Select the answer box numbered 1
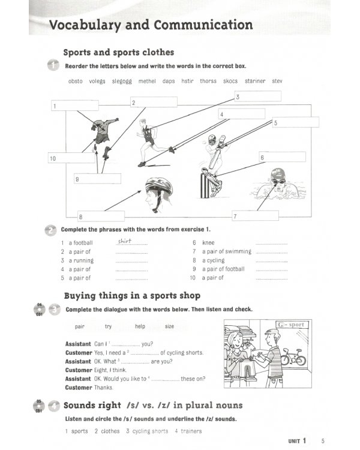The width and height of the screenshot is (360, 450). [74, 106]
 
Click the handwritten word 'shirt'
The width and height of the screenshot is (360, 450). [124, 241]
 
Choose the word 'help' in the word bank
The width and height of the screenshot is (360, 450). [140, 326]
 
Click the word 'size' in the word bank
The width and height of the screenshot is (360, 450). [169, 326]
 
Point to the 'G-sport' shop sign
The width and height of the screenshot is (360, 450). [292, 325]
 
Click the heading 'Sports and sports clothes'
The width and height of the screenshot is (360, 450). [119, 52]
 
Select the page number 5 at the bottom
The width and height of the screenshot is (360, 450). [323, 442]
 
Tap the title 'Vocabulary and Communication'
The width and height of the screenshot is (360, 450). [151, 25]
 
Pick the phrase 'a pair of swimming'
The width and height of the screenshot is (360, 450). [227, 251]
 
